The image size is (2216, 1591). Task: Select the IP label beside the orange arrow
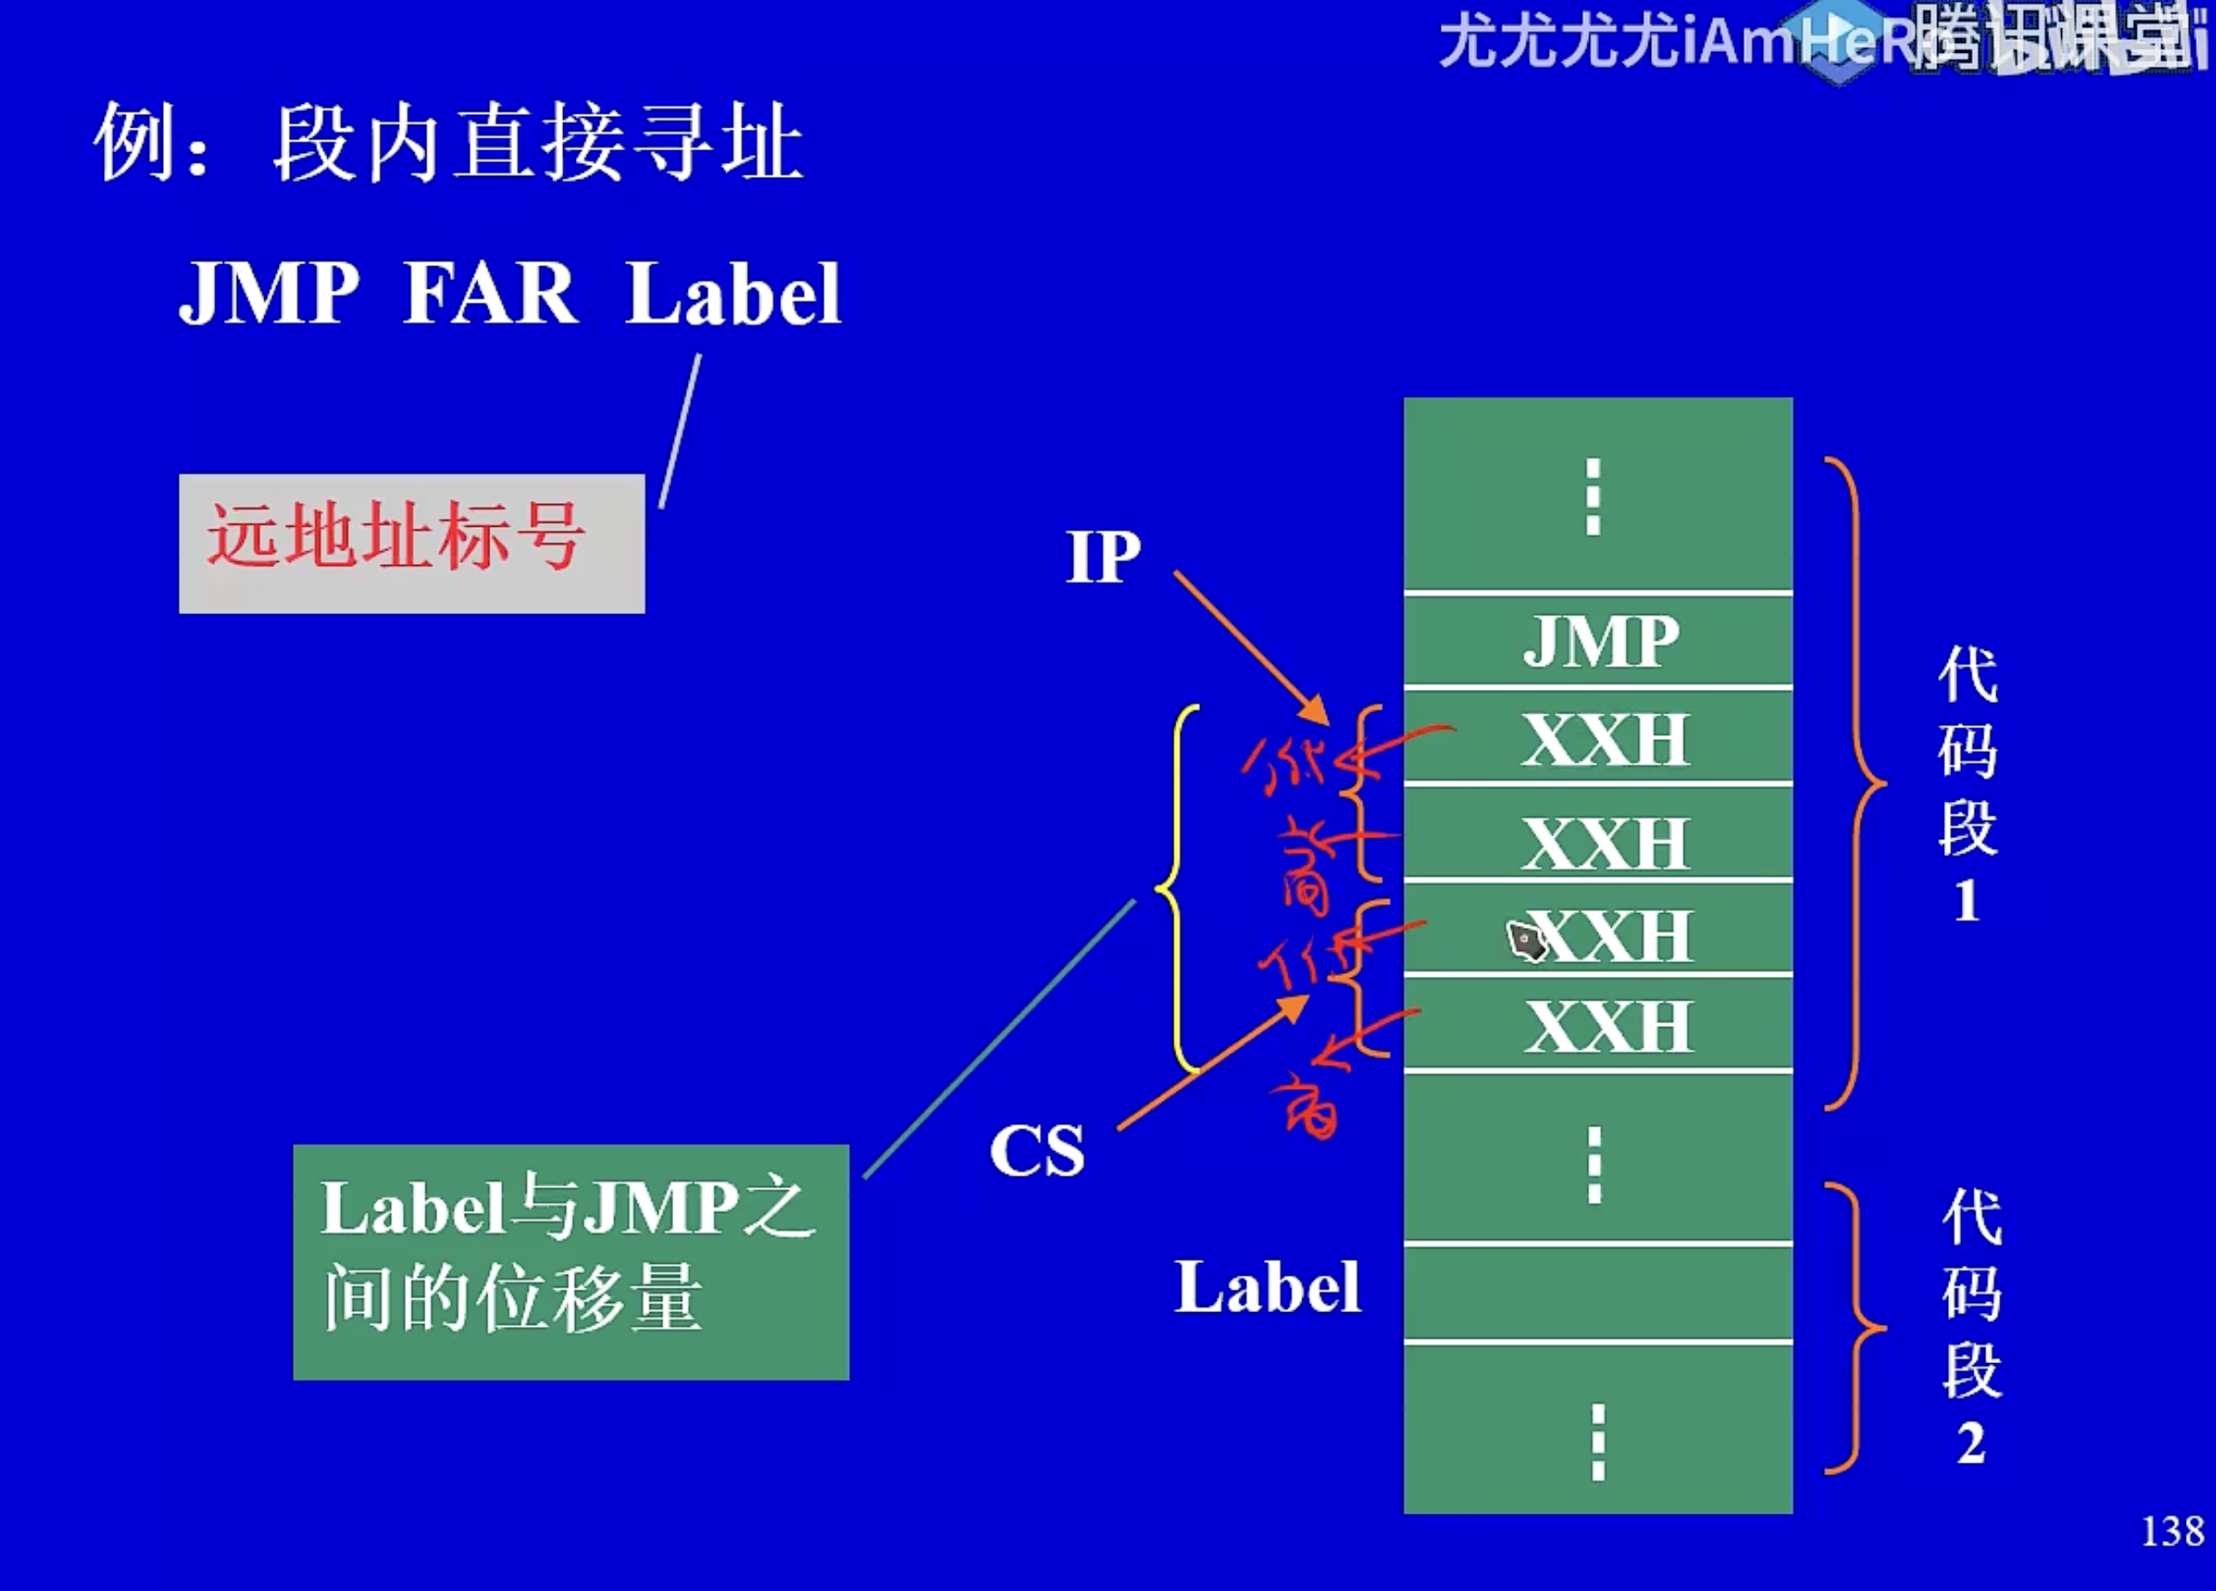1103,557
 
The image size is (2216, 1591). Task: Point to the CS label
1037,1150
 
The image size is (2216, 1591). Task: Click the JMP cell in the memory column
1599,642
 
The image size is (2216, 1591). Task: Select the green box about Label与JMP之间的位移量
570,1262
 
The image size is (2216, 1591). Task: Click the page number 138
2172,1532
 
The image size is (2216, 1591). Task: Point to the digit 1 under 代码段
1967,901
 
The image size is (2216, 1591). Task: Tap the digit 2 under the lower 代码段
1971,1443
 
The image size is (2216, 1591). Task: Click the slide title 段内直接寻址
538,144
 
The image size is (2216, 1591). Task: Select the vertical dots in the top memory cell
1594,497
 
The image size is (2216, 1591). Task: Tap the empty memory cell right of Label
1597,1293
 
